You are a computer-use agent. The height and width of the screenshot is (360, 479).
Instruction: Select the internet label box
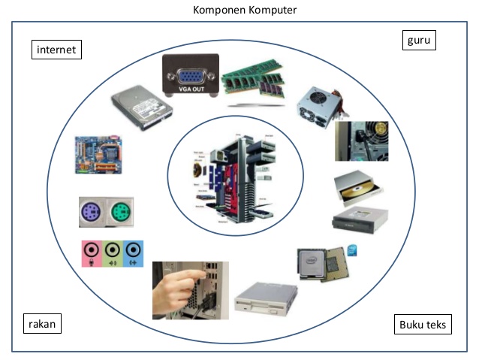coord(56,50)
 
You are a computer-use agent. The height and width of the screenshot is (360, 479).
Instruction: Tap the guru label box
coord(419,40)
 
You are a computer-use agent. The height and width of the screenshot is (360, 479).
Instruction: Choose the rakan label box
coord(42,324)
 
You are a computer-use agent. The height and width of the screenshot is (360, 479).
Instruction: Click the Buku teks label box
coord(422,325)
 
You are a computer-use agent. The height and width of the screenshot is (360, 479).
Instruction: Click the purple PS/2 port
coord(95,212)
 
